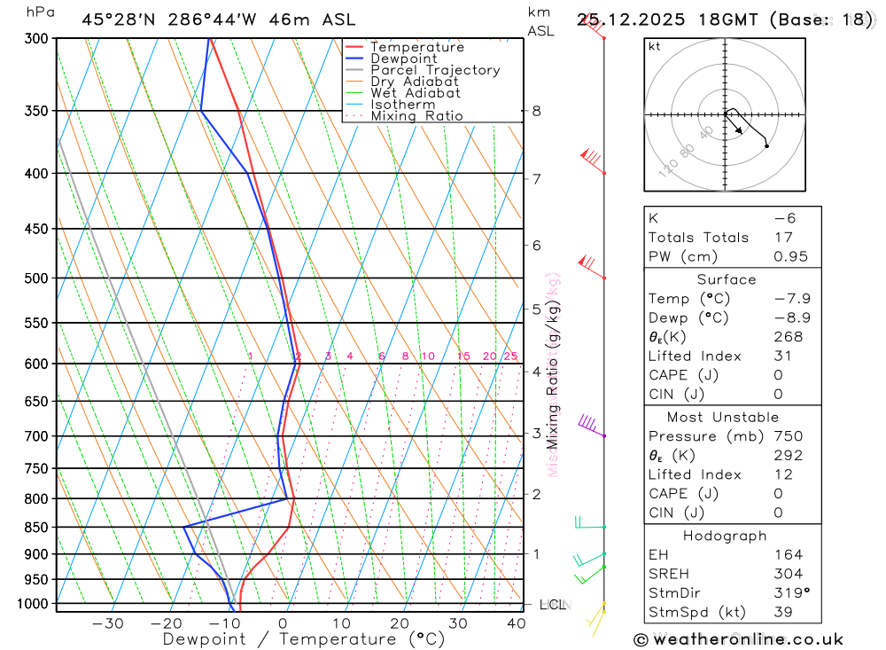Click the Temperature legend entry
pyautogui.click(x=416, y=47)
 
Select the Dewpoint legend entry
pyautogui.click(x=403, y=59)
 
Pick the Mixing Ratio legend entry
pyautogui.click(x=416, y=116)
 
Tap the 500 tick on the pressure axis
pyautogui.click(x=36, y=278)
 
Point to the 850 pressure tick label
pyautogui.click(x=36, y=528)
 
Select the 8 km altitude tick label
pyautogui.click(x=536, y=111)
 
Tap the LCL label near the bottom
pyautogui.click(x=552, y=605)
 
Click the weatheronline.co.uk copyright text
pyautogui.click(x=738, y=639)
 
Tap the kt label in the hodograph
pyautogui.click(x=655, y=46)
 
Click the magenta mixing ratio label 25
pyautogui.click(x=510, y=356)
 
